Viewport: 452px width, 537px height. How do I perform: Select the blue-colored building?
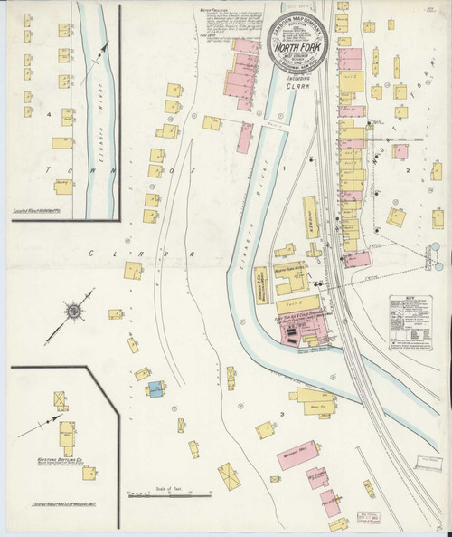tap(155, 389)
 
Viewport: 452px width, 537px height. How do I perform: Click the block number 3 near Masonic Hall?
tap(282, 414)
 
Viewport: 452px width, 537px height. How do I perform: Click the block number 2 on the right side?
tap(408, 169)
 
